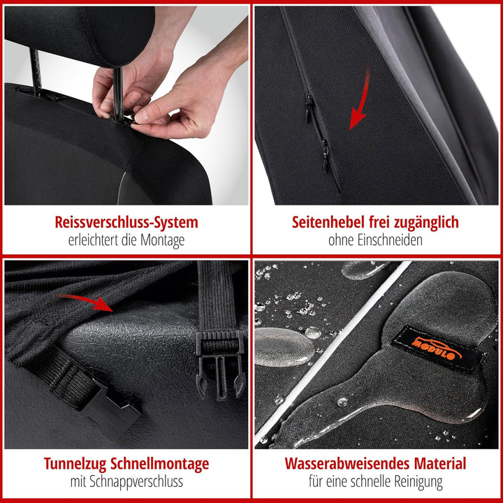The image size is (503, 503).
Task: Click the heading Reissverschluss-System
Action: (126, 222)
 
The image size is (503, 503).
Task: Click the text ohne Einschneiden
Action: (376, 241)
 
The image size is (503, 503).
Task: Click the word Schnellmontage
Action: (161, 463)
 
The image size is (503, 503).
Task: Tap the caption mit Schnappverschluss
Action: (126, 481)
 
